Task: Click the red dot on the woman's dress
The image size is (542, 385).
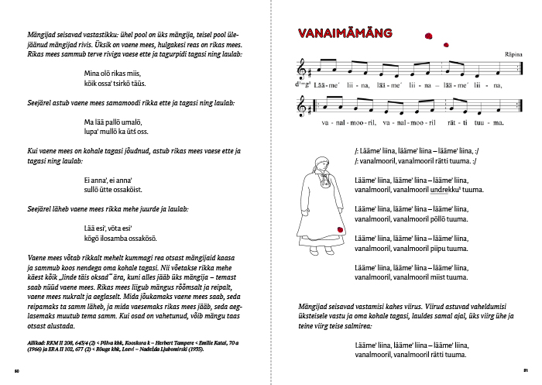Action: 338,229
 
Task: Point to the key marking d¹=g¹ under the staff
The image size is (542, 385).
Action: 303,86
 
